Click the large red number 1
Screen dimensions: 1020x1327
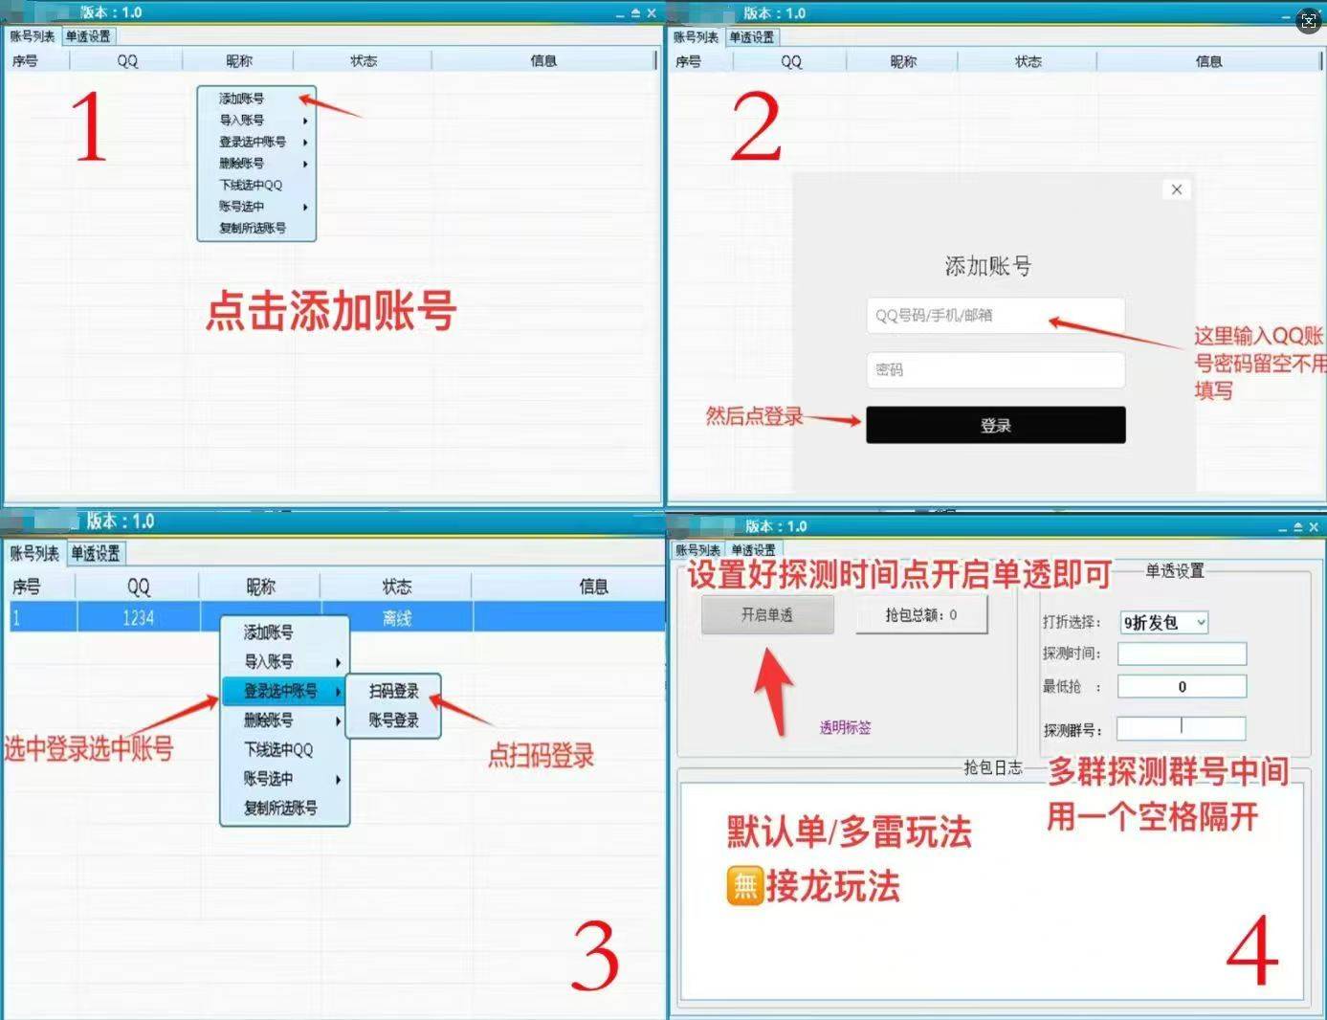coord(89,126)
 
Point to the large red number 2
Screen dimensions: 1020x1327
coord(756,127)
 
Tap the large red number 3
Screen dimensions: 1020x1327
coord(594,957)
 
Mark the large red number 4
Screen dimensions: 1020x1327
coord(1252,949)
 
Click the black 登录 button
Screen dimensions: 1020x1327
coord(995,425)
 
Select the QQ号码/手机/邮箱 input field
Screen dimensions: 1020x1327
coord(995,316)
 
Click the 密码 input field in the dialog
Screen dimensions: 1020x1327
coord(995,370)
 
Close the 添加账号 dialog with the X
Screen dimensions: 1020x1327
coord(1177,189)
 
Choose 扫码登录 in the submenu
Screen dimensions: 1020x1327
coord(393,691)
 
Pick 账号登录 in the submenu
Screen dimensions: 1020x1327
coord(393,721)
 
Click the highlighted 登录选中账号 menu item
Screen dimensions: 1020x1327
coord(281,691)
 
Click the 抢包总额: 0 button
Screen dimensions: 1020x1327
coord(920,615)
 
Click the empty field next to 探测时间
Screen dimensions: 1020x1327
coord(1182,654)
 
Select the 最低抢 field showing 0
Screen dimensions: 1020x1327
coord(1182,687)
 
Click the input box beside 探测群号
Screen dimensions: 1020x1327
coord(1182,729)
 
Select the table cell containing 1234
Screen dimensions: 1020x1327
coord(138,618)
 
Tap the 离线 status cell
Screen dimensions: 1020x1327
coord(396,618)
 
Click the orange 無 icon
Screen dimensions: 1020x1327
coord(744,886)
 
